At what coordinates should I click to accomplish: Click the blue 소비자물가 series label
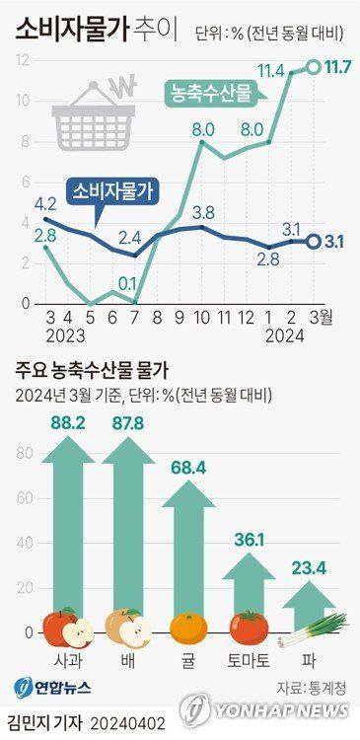pos(115,191)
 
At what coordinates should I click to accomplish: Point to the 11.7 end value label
pos(340,67)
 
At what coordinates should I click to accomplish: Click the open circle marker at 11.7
pos(314,67)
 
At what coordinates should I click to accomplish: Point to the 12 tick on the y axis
pos(22,60)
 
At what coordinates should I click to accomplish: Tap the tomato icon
pos(249,628)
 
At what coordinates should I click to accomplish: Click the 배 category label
pos(127,660)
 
